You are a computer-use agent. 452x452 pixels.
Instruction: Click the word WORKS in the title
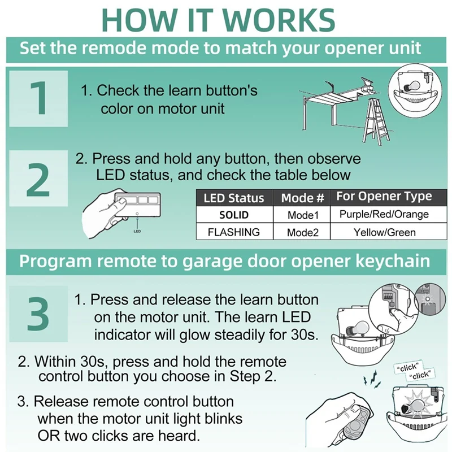click(279, 20)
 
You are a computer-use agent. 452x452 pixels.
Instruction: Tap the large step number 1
click(38, 98)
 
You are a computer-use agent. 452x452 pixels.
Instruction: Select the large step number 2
click(38, 180)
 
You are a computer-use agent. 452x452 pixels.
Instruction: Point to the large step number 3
click(38, 314)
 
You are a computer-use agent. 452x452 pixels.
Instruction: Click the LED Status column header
click(234, 198)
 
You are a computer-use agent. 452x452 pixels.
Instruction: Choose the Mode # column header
click(302, 198)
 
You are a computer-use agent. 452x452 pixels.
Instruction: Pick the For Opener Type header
click(384, 197)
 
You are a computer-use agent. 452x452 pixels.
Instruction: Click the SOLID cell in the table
click(234, 215)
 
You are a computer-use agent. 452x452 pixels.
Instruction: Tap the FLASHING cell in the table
click(234, 232)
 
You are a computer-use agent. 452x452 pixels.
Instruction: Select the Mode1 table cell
click(303, 215)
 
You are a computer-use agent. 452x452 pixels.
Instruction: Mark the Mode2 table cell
click(303, 232)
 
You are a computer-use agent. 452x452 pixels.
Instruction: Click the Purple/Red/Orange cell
click(384, 214)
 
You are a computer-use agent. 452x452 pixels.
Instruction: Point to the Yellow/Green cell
click(385, 232)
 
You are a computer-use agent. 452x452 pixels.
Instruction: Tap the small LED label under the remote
click(137, 231)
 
